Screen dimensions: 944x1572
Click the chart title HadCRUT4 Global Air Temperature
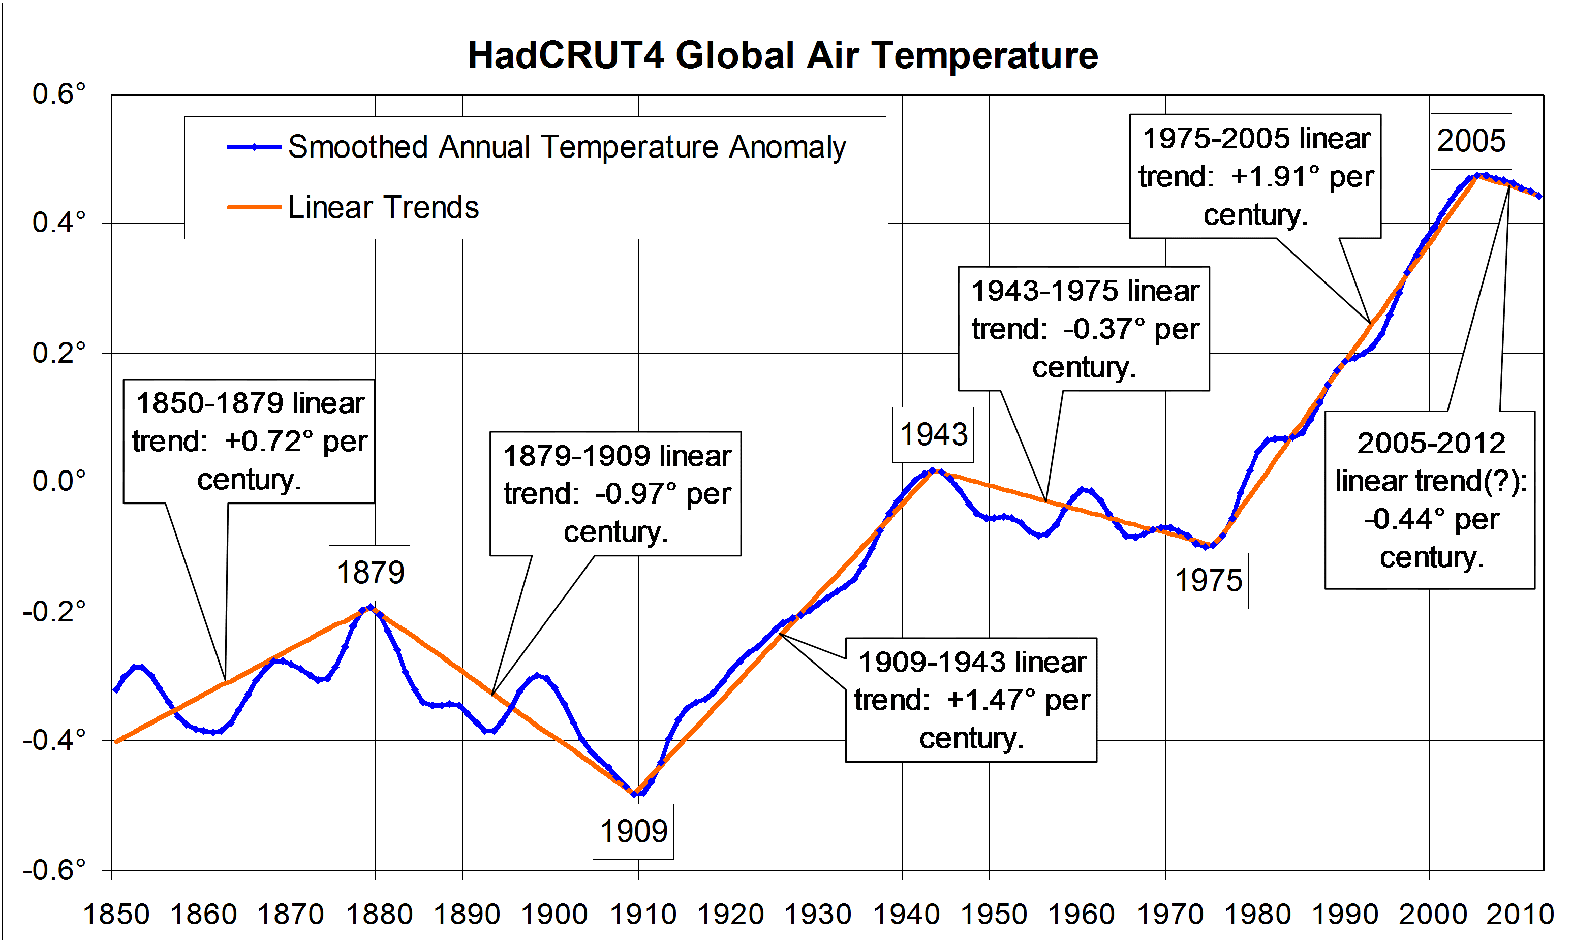tap(783, 55)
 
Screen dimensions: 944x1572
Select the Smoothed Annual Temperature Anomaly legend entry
tap(566, 147)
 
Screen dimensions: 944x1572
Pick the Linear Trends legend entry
tap(383, 207)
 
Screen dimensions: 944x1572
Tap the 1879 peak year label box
tap(369, 573)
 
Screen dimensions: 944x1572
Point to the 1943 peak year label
tap(933, 435)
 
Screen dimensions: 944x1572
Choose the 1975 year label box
tap(1208, 580)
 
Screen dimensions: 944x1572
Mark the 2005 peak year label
tap(1471, 141)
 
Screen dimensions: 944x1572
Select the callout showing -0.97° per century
tap(616, 494)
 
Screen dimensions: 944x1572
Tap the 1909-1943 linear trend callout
tap(971, 700)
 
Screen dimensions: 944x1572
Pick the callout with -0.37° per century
tap(1084, 329)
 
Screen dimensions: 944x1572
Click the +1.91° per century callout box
tap(1255, 177)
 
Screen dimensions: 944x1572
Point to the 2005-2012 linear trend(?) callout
tap(1430, 500)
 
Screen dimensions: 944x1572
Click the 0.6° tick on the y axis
tap(59, 94)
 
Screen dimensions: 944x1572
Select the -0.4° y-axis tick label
tap(54, 740)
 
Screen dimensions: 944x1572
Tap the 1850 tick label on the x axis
tap(116, 915)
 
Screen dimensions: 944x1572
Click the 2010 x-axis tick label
tap(1519, 915)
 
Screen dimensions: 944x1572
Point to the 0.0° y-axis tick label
tap(59, 481)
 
